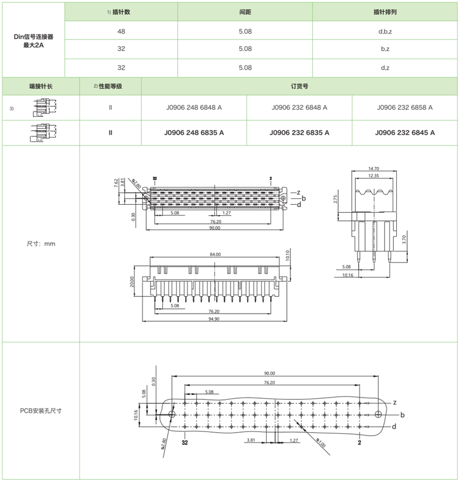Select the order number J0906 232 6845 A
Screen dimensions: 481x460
point(405,133)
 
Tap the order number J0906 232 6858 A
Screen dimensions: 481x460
point(405,108)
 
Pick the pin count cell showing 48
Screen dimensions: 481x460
point(121,30)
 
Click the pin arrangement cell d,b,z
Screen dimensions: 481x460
point(385,30)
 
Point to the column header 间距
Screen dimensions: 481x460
point(245,12)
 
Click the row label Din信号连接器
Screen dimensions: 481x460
point(33,36)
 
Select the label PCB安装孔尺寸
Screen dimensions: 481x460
point(41,411)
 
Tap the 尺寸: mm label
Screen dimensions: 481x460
point(41,244)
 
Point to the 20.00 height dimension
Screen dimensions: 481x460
point(132,282)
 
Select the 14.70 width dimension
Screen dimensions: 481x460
point(374,169)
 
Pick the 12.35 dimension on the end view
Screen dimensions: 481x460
point(374,175)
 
